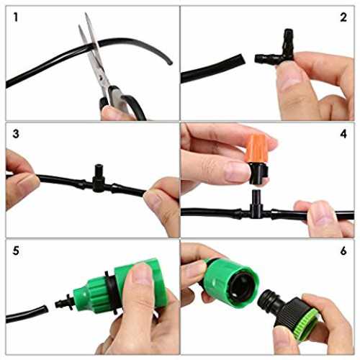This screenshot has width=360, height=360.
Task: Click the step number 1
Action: coord(16,17)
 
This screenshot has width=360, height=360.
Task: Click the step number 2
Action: coord(343,17)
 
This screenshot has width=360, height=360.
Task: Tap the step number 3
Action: coord(16,134)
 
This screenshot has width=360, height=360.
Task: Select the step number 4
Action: coord(343,134)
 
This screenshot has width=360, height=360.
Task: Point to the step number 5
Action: coord(16,251)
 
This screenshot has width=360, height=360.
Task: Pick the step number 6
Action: coord(343,251)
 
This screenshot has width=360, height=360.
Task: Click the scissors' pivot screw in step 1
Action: coord(101,77)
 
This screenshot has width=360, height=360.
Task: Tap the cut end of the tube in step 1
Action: coord(170,63)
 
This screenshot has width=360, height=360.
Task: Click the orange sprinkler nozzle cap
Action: coord(256,148)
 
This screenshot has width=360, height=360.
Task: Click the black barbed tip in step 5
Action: coord(64,303)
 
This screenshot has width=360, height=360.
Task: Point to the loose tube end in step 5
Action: coord(45,309)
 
